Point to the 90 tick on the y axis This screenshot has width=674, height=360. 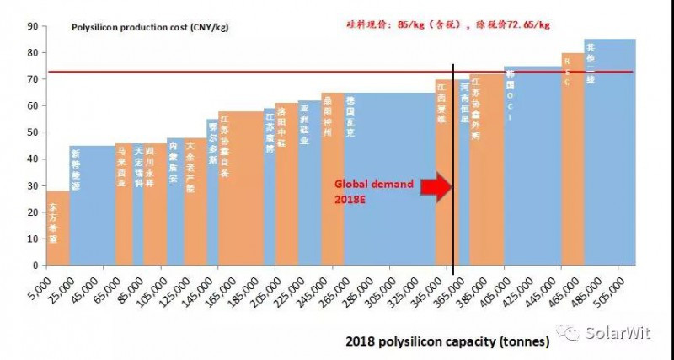[34, 26]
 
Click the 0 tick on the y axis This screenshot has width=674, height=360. [36, 265]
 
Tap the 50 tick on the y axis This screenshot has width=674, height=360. [34, 132]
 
